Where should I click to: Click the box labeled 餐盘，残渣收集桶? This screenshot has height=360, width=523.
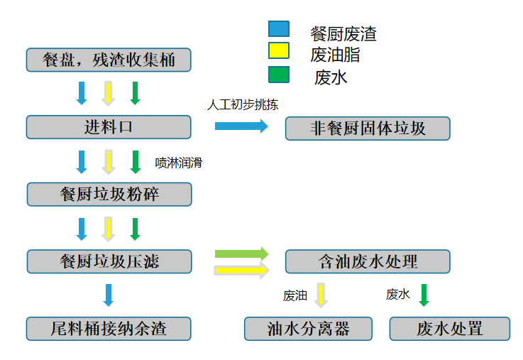pyautogui.click(x=109, y=60)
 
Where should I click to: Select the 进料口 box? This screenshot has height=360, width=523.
pyautogui.click(x=109, y=127)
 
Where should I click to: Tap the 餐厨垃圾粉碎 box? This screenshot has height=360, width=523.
pyautogui.click(x=109, y=195)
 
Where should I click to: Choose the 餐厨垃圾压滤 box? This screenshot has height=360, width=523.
pyautogui.click(x=109, y=261)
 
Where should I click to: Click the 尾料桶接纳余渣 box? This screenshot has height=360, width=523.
pyautogui.click(x=109, y=329)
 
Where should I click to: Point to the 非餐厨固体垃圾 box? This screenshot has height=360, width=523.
pyautogui.click(x=368, y=129)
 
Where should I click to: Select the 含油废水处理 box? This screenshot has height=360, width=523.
pyautogui.click(x=368, y=261)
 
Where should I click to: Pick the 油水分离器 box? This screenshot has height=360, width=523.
pyautogui.click(x=309, y=329)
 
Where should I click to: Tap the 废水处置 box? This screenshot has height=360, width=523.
pyautogui.click(x=450, y=329)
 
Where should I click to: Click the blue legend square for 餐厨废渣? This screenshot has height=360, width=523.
pyautogui.click(x=278, y=29)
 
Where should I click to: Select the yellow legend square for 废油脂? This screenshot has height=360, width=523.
pyautogui.click(x=278, y=51)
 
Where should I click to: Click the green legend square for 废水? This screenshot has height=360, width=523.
pyautogui.click(x=278, y=74)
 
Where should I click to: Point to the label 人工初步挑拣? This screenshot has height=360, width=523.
pyautogui.click(x=243, y=104)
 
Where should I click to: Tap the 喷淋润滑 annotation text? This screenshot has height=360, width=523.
pyautogui.click(x=179, y=163)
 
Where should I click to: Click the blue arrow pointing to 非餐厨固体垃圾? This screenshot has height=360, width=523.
pyautogui.click(x=241, y=126)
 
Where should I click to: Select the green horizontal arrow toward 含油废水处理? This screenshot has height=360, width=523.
pyautogui.click(x=241, y=253)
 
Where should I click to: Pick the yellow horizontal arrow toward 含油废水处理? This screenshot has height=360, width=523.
pyautogui.click(x=241, y=270)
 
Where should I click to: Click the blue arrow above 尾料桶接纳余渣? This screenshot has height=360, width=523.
pyautogui.click(x=109, y=295)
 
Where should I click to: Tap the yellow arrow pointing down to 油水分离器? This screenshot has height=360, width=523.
pyautogui.click(x=321, y=295)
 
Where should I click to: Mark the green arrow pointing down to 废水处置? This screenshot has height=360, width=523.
pyautogui.click(x=424, y=295)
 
